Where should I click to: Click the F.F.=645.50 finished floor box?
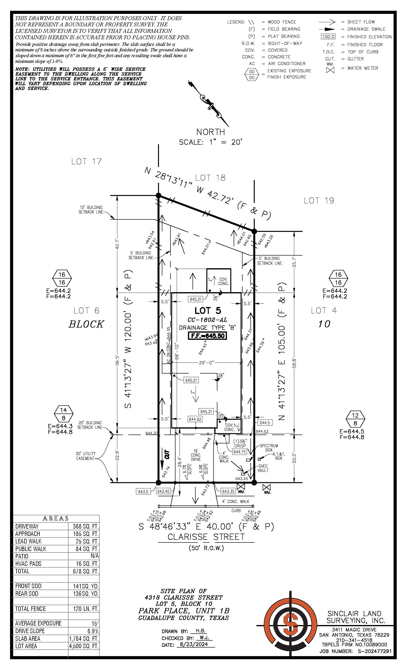click(x=208, y=335)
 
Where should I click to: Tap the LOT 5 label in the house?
click(x=208, y=311)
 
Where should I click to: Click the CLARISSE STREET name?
click(x=206, y=537)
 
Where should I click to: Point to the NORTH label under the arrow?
click(x=211, y=132)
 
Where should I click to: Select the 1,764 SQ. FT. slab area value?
click(x=84, y=639)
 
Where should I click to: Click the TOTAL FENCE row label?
click(x=30, y=609)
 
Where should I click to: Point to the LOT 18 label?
click(x=210, y=178)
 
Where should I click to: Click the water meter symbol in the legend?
click(x=330, y=70)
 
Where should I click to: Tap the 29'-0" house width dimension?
click(x=206, y=362)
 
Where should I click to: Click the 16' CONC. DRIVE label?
click(x=196, y=455)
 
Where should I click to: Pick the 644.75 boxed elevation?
click(x=239, y=452)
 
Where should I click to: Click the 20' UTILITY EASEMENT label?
click(x=86, y=456)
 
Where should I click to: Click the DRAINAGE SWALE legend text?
click(x=366, y=29)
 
